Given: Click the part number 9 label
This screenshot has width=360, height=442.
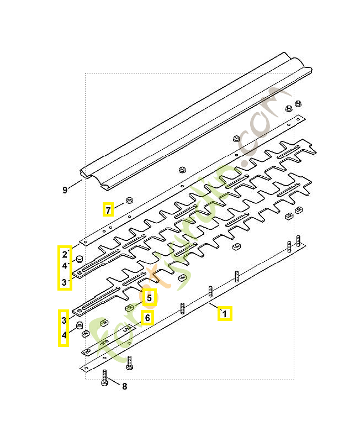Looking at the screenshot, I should coord(65,190).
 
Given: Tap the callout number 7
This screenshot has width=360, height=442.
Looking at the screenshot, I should coord(108,209).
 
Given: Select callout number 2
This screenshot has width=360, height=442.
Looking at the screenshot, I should coord(65,254).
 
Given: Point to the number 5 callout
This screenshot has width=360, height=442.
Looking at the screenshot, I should coord(148,298).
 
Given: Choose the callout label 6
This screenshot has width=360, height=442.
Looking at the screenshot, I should coord(147,318).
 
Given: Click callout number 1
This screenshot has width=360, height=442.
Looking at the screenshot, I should coord(224,314).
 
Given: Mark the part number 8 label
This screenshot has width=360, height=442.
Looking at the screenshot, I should coord(124,386).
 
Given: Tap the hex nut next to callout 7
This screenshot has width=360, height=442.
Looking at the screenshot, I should coord(130,200).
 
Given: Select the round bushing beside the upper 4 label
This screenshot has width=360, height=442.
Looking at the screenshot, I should coord(80,258).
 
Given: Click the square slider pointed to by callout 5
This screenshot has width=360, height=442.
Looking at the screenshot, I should coord(129,307).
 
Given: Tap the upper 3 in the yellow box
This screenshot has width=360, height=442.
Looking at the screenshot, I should coord(65,282).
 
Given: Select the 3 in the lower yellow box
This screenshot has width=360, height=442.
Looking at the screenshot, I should coord(65,320).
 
